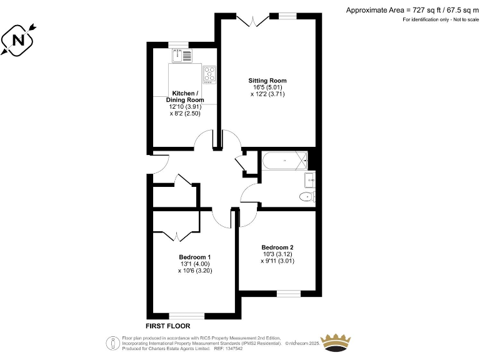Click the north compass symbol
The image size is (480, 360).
pyautogui.click(x=17, y=41)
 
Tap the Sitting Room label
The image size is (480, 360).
pyautogui.click(x=267, y=81)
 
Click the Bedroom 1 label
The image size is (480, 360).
pyautogui.click(x=194, y=257)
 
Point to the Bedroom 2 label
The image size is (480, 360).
pyautogui.click(x=277, y=247)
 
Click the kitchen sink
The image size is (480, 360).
pyautogui.click(x=182, y=56)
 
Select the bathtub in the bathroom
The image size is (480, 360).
pyautogui.click(x=284, y=162)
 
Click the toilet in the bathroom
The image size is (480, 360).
pyautogui.click(x=307, y=197)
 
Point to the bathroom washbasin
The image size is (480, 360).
pyautogui.click(x=309, y=181)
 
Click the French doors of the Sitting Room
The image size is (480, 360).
pyautogui.click(x=253, y=21)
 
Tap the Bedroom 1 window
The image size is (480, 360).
pyautogui.click(x=186, y=316)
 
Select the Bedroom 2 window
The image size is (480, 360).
pyautogui.click(x=287, y=292)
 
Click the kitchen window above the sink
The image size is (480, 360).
pyautogui.click(x=178, y=45)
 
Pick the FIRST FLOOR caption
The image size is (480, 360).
pyautogui.click(x=167, y=326)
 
